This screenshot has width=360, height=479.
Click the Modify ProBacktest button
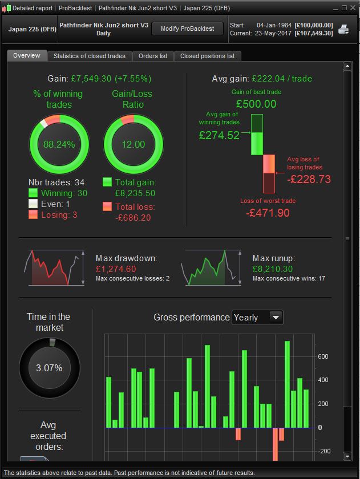pyautogui.click(x=187, y=29)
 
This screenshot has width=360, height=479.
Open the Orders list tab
pyautogui.click(x=153, y=56)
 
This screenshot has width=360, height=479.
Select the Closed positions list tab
pyautogui.click(x=207, y=56)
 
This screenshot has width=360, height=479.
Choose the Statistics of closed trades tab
pyautogui.click(x=90, y=56)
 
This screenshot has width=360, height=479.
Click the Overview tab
pyautogui.click(x=27, y=55)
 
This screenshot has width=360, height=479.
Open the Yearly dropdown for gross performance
pyautogui.click(x=257, y=318)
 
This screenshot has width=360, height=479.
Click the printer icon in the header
pyautogui.click(x=343, y=29)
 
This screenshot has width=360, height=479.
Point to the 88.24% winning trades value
pyautogui.click(x=59, y=144)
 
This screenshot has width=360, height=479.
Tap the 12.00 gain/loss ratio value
pyautogui.click(x=133, y=144)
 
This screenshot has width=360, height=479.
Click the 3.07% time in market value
pyautogui.click(x=49, y=368)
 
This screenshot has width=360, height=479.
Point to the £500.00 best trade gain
pyautogui.click(x=256, y=104)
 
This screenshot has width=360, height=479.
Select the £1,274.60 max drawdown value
pyautogui.click(x=116, y=269)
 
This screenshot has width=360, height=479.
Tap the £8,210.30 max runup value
pyautogui.click(x=273, y=269)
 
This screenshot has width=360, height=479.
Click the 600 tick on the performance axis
pyautogui.click(x=323, y=356)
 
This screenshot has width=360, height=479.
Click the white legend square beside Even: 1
pyautogui.click(x=33, y=204)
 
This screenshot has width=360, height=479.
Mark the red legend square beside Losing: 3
pyautogui.click(x=33, y=215)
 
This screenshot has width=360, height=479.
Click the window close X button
pyautogui.click(x=352, y=8)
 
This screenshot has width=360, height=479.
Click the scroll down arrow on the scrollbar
pyautogui.click(x=346, y=456)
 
